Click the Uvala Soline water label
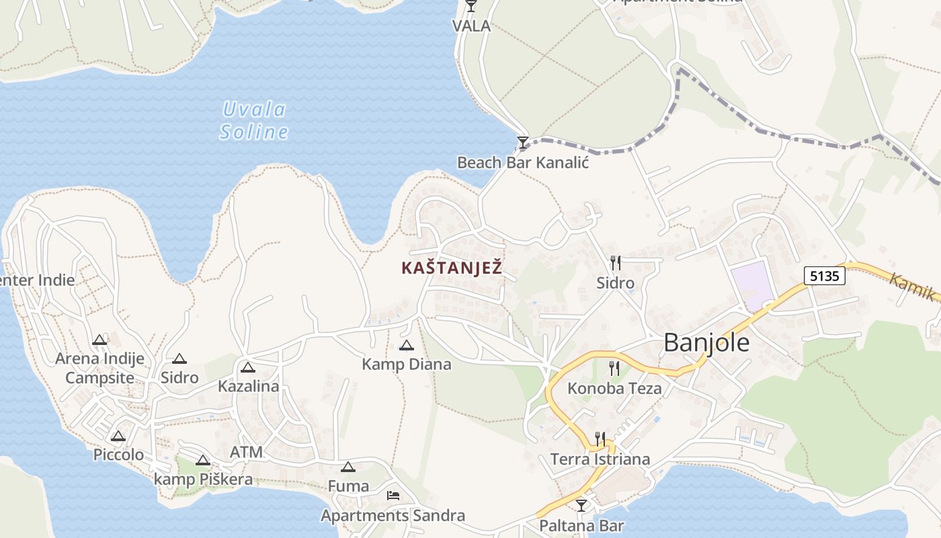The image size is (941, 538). pos(254,120)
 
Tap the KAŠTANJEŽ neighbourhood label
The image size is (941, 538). pos(452,268)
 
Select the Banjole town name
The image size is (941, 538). pos(706,343)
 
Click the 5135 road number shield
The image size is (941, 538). pos(824,275)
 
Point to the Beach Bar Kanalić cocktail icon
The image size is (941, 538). pos(522,143)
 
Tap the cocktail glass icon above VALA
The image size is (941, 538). pos(470,6)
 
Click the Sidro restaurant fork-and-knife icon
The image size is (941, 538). pos(614,262)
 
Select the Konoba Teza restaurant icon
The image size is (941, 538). pos(614,368)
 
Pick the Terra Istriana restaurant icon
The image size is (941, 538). pos(600,439)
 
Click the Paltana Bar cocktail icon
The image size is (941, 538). pos(581,505)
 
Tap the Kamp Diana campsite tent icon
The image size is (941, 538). pos(406,346)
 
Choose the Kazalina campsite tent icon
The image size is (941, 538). pos(248,367)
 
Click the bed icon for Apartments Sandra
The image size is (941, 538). pos(393,496)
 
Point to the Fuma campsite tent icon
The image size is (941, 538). pos(347,467)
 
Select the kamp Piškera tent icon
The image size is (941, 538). pos(203,461)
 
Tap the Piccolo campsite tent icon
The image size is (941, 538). pos(118,436)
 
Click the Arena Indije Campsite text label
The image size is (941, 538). pos(99,368)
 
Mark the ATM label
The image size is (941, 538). pos(246,452)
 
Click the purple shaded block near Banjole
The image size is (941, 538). pos(751,285)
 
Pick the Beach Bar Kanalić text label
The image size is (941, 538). pos(523,162)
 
